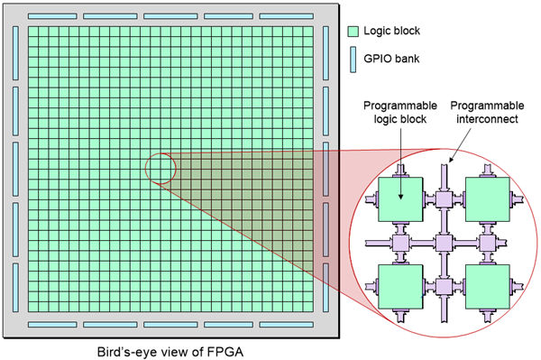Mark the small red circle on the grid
tap(160, 169)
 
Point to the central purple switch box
tap(444, 242)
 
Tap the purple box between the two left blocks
tap(400, 242)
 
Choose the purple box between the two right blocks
tap(488, 242)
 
